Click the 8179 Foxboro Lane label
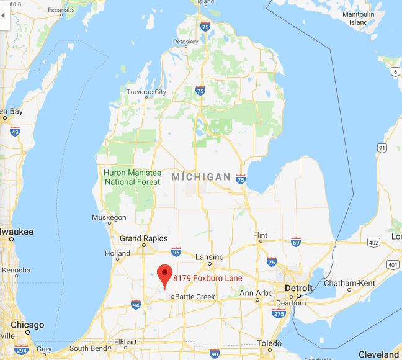(x=207, y=278)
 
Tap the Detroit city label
(x=298, y=289)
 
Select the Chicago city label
(x=27, y=325)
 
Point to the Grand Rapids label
(x=143, y=238)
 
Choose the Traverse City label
(x=146, y=92)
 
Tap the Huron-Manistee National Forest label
(x=133, y=177)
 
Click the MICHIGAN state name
(x=200, y=178)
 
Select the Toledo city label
(x=270, y=343)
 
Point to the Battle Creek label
(x=195, y=297)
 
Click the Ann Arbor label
(x=257, y=293)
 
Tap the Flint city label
(x=261, y=236)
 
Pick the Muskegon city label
(x=109, y=218)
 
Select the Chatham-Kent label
(x=352, y=283)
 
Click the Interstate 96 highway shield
(x=176, y=251)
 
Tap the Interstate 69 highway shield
(x=296, y=241)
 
